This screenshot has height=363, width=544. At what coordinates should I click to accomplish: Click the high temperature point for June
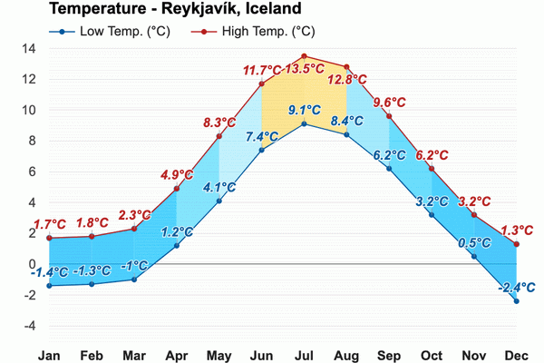coord(261,83)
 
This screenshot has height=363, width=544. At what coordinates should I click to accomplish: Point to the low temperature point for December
coord(517,300)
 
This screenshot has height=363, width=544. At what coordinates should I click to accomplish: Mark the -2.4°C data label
coord(515,288)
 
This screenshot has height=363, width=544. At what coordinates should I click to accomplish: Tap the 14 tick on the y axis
coord(29,49)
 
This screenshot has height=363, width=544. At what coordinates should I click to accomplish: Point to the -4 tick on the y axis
coord(29,326)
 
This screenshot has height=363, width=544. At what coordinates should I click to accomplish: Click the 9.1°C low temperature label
coord(304,111)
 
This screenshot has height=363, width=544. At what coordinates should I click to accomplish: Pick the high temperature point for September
coord(389,116)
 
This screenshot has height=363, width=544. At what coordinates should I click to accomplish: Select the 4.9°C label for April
coord(177,175)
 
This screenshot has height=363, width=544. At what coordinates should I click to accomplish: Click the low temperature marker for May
coord(219,201)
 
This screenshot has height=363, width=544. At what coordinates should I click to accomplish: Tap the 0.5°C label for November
coord(474,243)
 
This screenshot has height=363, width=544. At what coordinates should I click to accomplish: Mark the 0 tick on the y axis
coord(32,264)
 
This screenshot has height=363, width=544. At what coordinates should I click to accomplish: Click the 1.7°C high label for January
coord(50,224)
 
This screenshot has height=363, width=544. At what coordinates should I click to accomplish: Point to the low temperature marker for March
coord(134,279)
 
